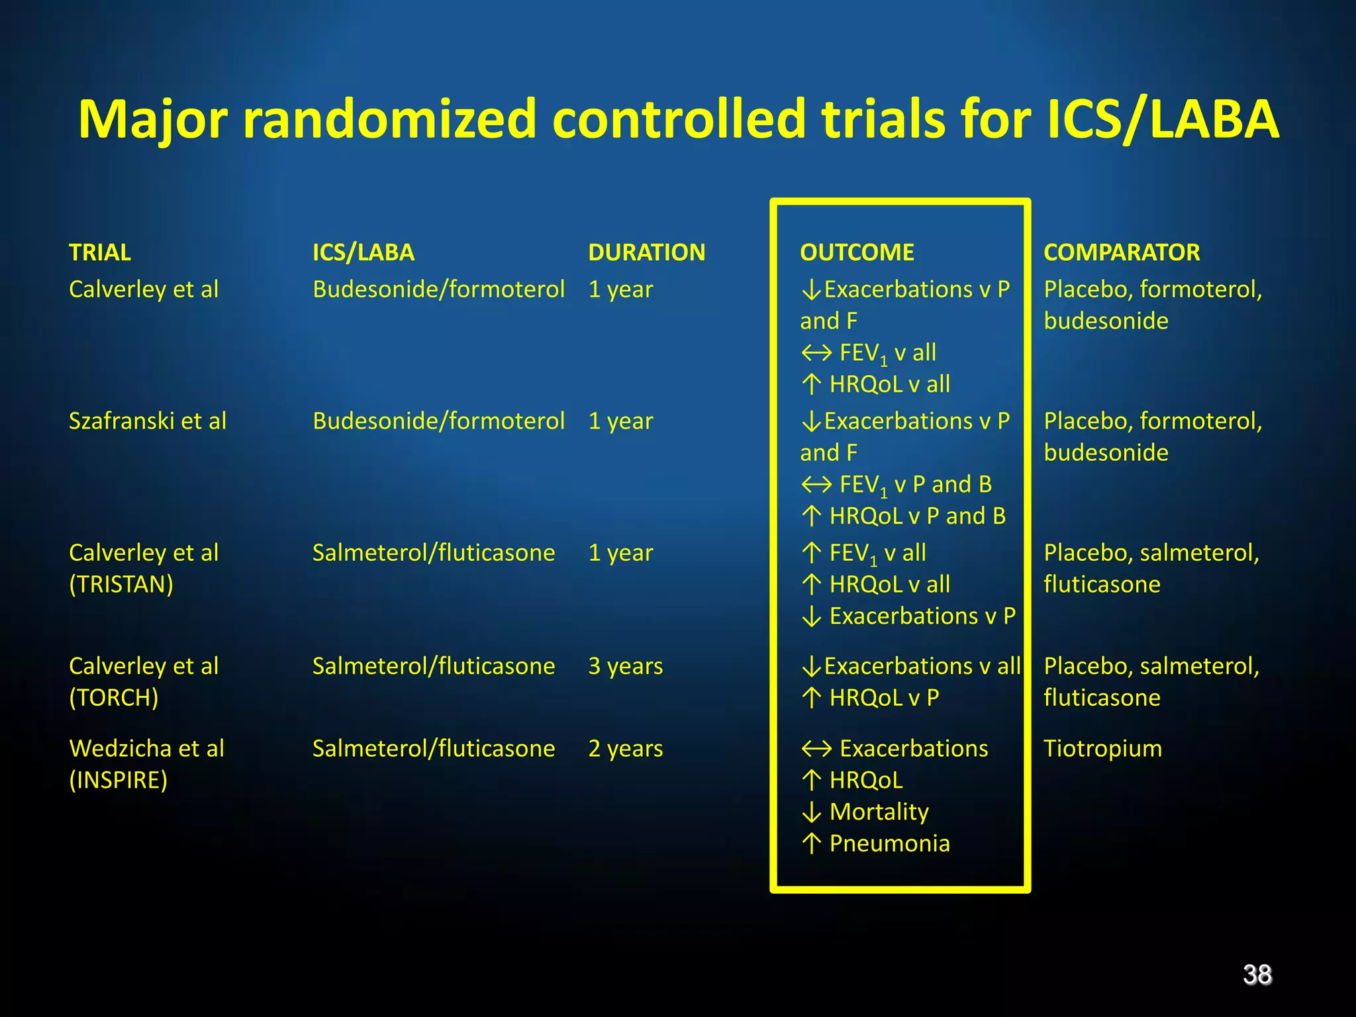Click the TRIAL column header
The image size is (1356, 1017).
click(100, 252)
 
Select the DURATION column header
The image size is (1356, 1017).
click(646, 252)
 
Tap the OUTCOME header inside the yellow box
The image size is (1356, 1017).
click(857, 252)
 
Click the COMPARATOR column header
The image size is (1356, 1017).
click(1122, 252)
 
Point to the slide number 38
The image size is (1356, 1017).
click(1257, 975)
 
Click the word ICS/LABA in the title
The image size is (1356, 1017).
click(1163, 120)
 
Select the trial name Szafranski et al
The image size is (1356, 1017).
click(148, 421)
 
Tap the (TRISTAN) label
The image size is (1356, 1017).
click(121, 585)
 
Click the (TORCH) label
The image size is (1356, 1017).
click(114, 698)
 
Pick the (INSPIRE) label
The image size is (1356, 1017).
click(119, 780)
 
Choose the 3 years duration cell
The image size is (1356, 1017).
click(625, 666)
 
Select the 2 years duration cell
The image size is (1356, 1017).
click(625, 749)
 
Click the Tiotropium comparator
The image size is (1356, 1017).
click(1102, 749)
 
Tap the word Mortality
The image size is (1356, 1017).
click(879, 812)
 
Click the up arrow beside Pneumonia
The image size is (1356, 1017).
click(811, 844)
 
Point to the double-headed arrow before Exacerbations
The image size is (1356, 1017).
click(816, 749)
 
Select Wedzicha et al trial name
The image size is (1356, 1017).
click(147, 749)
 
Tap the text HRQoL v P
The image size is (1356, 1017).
click(884, 698)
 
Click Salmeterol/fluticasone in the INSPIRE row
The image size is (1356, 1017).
click(434, 749)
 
